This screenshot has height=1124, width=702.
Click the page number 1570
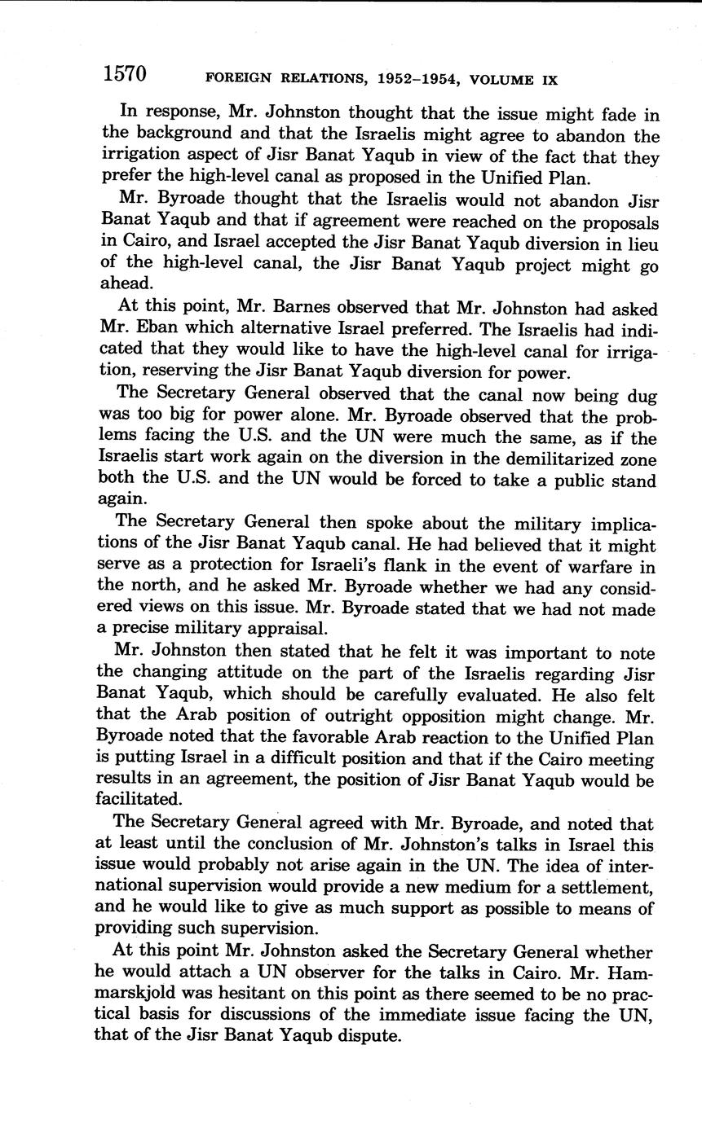[124, 74]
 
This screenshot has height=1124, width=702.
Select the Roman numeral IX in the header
[549, 80]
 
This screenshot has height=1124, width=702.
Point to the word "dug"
[642, 396]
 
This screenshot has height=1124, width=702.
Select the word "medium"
[497, 886]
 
